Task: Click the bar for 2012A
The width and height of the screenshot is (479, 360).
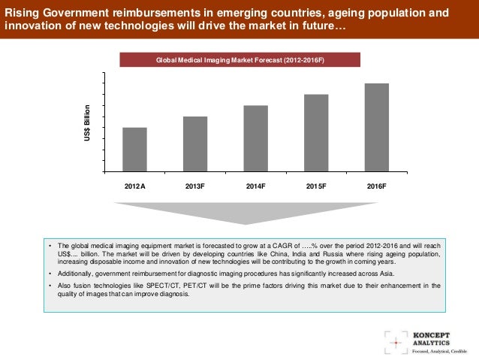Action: coord(134,150)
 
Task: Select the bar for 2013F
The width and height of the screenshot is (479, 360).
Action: coord(195,144)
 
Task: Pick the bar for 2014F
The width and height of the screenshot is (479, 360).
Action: coord(256,138)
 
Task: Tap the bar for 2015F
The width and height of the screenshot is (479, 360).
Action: coord(316,133)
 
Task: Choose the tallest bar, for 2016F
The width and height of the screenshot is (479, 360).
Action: coord(377,127)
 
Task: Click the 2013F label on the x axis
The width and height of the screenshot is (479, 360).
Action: coord(195,186)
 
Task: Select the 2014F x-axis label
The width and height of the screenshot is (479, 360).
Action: coord(256,186)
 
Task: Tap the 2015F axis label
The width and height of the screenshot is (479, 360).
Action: coord(316,186)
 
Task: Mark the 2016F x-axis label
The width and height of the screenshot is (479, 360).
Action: coord(377,186)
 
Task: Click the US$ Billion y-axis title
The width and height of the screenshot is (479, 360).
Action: coord(87,120)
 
